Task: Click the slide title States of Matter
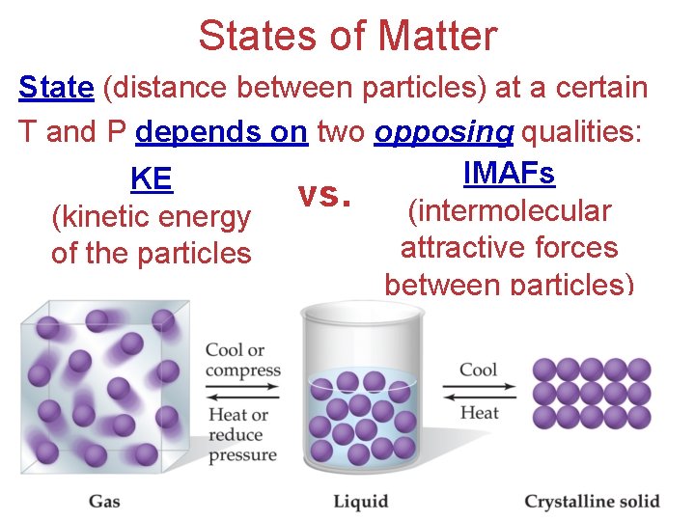click(347, 37)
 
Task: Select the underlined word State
click(56, 89)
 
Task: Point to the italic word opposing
click(443, 132)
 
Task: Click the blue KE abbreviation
click(151, 179)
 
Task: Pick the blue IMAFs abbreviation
click(509, 174)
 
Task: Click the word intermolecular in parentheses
click(510, 211)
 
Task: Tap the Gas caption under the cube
click(104, 501)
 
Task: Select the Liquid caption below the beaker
click(360, 501)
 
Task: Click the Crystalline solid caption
click(592, 501)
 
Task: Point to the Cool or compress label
click(242, 360)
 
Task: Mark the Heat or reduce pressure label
click(242, 434)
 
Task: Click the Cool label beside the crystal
click(479, 370)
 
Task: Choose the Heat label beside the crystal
click(479, 412)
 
